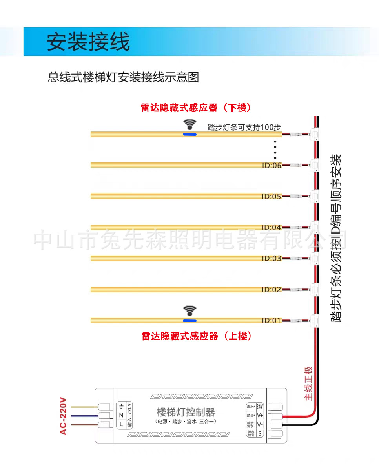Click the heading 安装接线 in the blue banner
coord(88,42)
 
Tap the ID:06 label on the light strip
coord(271,166)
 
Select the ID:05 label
coord(271,197)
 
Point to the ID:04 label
coord(271,228)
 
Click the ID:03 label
coord(271,259)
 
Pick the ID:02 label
coord(271,290)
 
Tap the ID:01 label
coord(271,321)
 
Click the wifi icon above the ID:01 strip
coord(190,311)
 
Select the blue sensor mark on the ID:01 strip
coord(190,321)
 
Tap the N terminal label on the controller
coord(121,415)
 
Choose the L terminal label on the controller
coord(121,424)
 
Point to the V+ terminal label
coord(260,415)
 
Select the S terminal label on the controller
coord(260,433)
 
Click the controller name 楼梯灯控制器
coord(186,413)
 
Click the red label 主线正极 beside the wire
coord(309,383)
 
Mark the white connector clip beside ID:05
coord(314,196)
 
